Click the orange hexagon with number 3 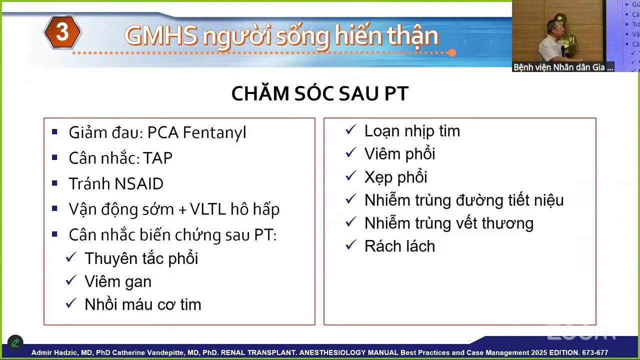(62, 32)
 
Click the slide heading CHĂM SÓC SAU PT (319, 94)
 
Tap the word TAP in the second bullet (157, 158)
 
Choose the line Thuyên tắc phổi (141, 258)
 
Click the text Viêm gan (117, 281)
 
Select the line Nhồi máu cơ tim (142, 304)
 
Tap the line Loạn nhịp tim (411, 131)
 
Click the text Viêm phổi (399, 154)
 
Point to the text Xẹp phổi (395, 177)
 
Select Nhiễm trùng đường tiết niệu (463, 200)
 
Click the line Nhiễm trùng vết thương (448, 223)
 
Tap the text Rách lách (399, 246)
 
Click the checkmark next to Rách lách (351, 245)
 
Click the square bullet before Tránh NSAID (54, 183)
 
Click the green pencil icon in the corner (15, 342)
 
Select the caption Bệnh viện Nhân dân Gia (562, 67)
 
